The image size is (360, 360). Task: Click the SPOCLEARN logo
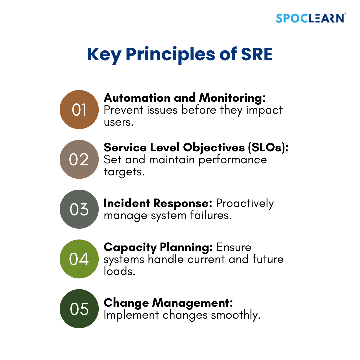click(x=311, y=18)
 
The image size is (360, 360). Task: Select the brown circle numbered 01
click(x=79, y=110)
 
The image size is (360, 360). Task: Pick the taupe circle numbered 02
click(x=79, y=159)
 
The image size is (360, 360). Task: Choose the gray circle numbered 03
click(x=79, y=209)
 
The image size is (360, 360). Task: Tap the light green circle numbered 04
click(x=79, y=259)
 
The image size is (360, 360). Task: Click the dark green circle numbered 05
click(x=79, y=309)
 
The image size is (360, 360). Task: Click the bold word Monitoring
click(x=232, y=98)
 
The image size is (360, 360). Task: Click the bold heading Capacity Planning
click(x=158, y=247)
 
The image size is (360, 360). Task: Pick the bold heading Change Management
click(x=168, y=303)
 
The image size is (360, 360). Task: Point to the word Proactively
click(x=245, y=203)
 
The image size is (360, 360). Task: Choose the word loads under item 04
click(x=119, y=271)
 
